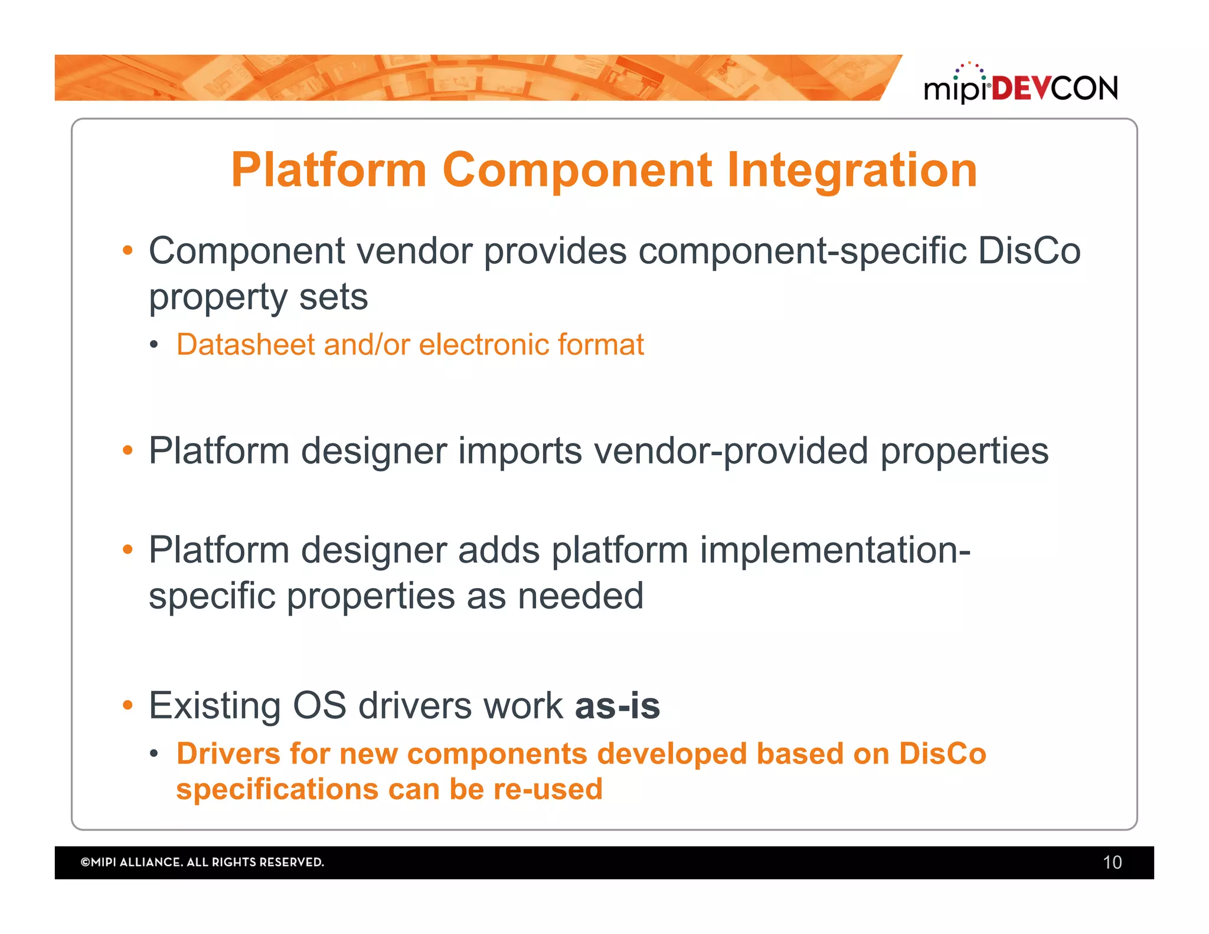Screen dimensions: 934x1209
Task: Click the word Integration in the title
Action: point(852,170)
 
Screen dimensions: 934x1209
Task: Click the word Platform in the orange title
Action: point(328,170)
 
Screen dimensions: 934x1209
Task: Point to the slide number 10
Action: point(1112,863)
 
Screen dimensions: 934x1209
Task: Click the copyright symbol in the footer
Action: point(85,863)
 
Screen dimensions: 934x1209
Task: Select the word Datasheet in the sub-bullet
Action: point(246,344)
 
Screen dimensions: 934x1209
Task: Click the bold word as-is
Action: point(617,706)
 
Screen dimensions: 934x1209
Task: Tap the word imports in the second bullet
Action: point(520,451)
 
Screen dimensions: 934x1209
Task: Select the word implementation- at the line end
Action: point(835,550)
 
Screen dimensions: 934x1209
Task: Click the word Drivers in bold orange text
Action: point(228,754)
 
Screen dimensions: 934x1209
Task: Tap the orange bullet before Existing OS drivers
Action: point(128,705)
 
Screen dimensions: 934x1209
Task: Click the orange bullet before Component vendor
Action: point(128,250)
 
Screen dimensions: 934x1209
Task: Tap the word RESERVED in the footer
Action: point(291,863)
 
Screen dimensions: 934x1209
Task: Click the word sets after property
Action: point(334,296)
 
